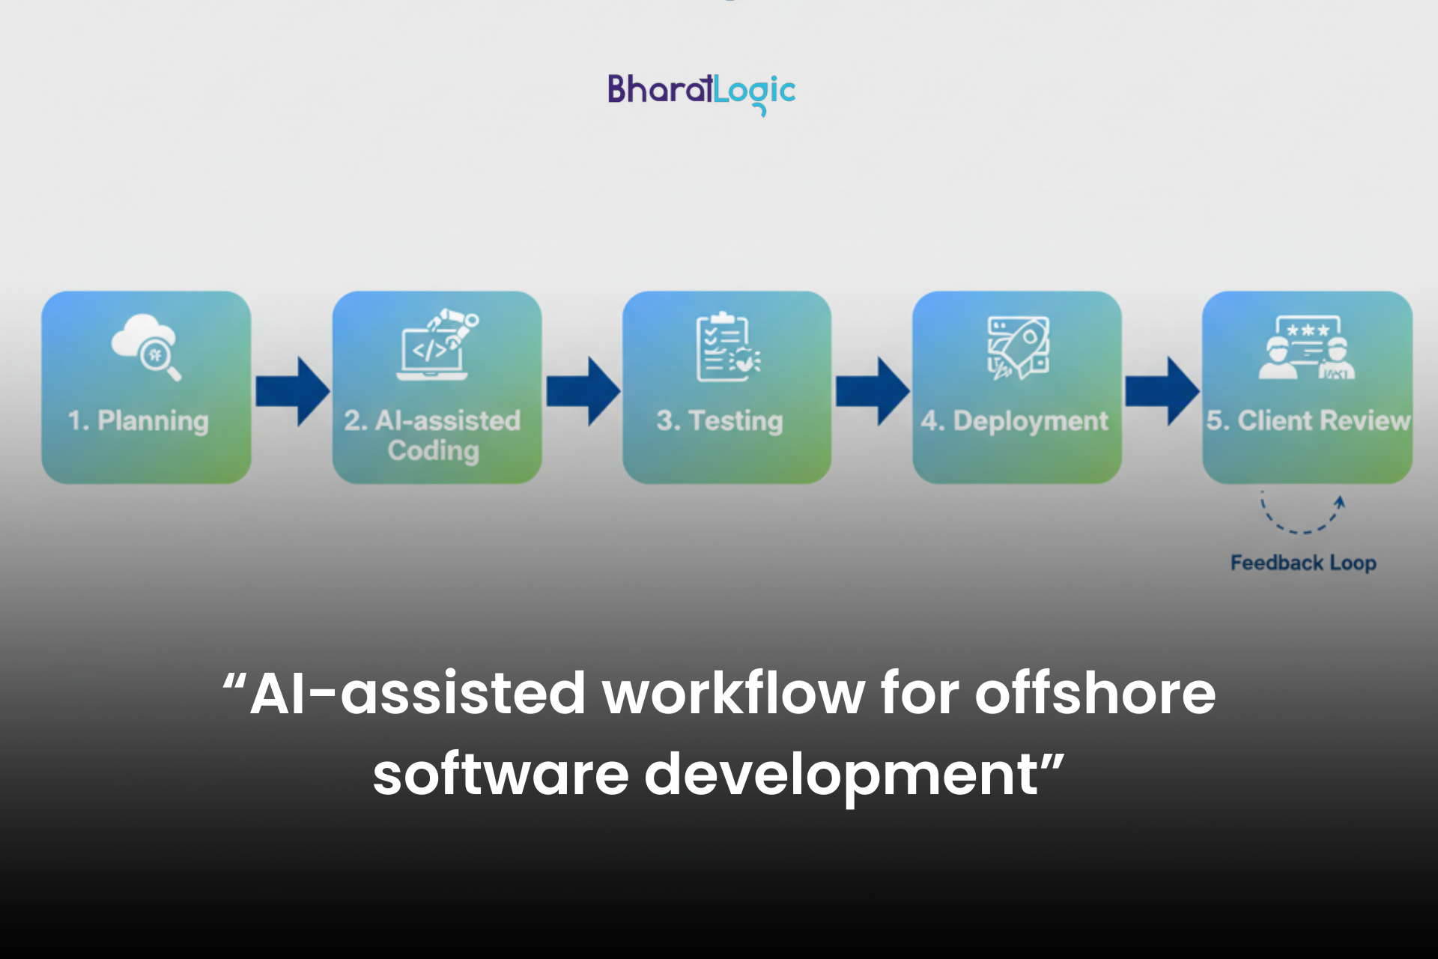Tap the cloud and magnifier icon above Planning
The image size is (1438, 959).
[147, 346]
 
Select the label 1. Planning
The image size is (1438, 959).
[139, 421]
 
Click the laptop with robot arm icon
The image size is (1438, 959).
[437, 345]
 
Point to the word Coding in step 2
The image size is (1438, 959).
[434, 451]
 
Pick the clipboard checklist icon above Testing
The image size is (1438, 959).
[726, 348]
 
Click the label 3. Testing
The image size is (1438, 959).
[720, 421]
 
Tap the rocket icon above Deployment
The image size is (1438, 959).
[1017, 348]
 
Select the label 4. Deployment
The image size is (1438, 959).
[1015, 421]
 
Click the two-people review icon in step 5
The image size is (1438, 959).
[1307, 348]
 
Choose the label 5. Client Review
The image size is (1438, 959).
[1308, 421]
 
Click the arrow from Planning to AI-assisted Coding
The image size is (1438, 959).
[292, 391]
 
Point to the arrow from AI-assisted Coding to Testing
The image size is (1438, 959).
[583, 391]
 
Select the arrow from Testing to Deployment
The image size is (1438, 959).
[873, 391]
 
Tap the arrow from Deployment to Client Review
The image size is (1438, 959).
[1162, 391]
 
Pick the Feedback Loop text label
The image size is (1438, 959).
[1303, 563]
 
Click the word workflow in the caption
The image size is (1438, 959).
[734, 694]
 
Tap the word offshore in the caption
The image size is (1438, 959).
[1095, 694]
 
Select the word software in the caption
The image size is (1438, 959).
[500, 775]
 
